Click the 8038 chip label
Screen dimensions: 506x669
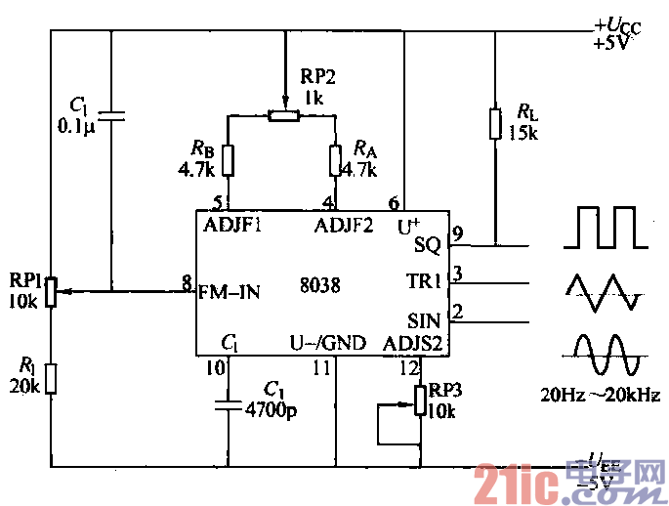(320, 286)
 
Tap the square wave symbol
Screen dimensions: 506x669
(608, 228)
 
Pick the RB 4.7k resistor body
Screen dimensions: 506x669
(229, 160)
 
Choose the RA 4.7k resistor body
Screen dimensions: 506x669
(335, 160)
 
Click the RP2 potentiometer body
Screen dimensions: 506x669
(283, 116)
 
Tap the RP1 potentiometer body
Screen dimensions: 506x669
(52, 289)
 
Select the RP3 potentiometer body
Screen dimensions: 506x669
(420, 400)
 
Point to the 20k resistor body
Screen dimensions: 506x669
(52, 377)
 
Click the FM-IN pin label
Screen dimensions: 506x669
(230, 290)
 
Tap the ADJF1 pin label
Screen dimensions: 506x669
(233, 226)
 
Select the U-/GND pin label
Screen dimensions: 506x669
(327, 344)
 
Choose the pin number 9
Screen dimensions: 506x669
(456, 234)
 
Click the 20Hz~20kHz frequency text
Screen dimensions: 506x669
(601, 396)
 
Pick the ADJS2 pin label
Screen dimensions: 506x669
(414, 344)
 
